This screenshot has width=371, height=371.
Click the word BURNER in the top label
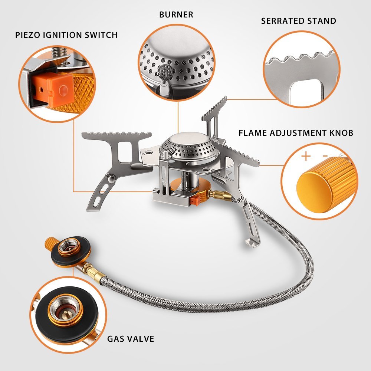tap(176, 15)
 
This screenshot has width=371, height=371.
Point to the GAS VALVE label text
tap(131, 338)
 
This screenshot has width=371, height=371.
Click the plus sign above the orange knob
tap(306, 156)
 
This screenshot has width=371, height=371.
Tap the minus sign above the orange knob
tap(325, 156)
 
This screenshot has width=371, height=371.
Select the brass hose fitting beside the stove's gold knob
tap(216, 194)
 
